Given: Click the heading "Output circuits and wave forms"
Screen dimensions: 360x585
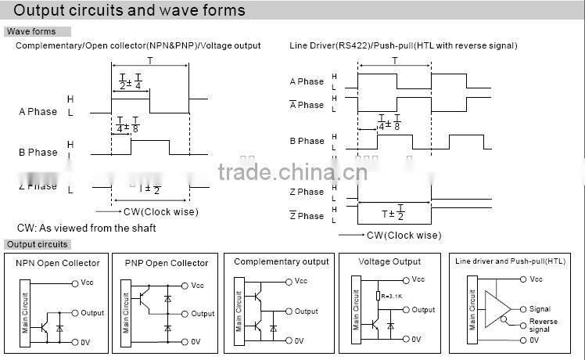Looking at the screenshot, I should [x=130, y=11].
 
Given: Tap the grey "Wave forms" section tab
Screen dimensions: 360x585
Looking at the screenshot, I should [x=31, y=31].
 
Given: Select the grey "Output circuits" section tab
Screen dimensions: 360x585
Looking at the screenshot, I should [x=37, y=244].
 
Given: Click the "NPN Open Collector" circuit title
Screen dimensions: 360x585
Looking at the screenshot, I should [x=58, y=263].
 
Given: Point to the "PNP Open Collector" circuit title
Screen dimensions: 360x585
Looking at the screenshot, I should [x=167, y=263].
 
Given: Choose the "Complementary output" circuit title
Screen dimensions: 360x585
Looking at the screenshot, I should [x=282, y=261].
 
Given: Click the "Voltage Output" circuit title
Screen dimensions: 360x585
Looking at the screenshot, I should [x=389, y=261].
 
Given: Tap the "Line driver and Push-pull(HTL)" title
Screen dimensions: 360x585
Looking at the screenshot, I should [x=510, y=261].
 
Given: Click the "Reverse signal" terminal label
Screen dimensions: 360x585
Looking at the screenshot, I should [x=544, y=326].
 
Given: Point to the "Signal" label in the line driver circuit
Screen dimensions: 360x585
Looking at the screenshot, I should [x=540, y=309].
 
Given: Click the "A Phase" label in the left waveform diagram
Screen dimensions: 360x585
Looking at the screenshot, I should [x=38, y=112].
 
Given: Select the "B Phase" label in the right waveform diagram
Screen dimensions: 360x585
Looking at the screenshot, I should [x=307, y=142].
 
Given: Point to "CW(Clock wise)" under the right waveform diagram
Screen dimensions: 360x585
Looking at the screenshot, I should [x=404, y=235].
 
